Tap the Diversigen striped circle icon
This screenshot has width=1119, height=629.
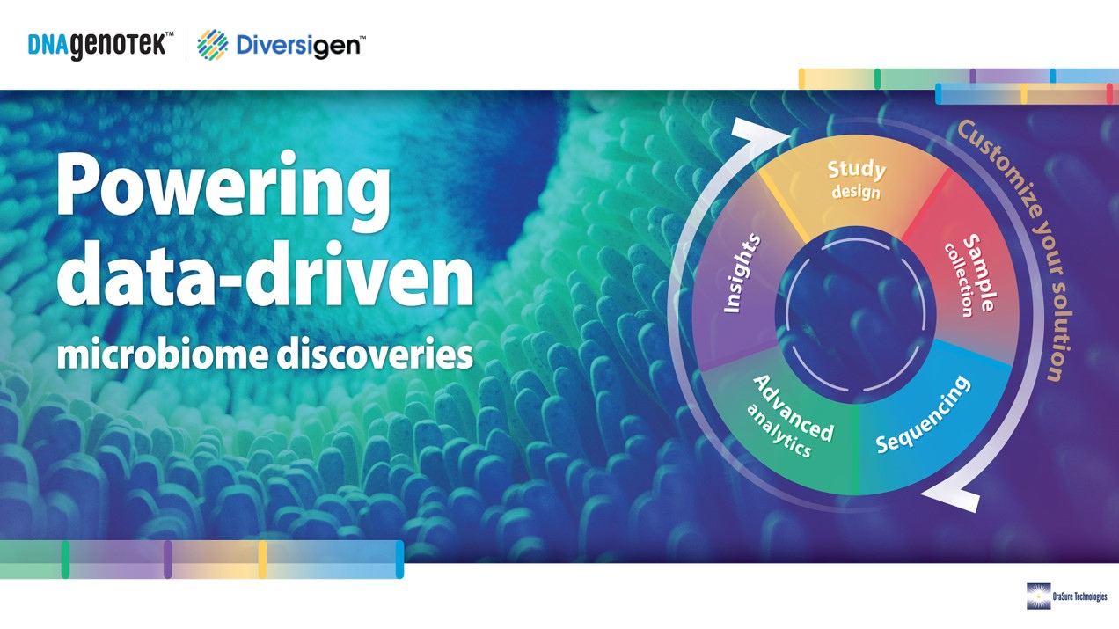click(x=212, y=45)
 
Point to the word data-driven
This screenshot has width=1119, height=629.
click(x=265, y=274)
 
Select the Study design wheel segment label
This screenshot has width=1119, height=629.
click(x=856, y=179)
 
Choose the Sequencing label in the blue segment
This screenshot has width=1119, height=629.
click(x=923, y=414)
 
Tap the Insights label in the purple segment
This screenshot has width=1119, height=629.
click(x=742, y=274)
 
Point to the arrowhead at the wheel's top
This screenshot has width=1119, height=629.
click(x=760, y=131)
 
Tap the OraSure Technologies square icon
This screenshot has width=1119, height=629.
click(x=1039, y=596)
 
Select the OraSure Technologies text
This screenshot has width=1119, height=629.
click(x=1079, y=596)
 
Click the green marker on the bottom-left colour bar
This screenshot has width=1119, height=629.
click(x=65, y=560)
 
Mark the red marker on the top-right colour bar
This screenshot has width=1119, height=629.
click(x=1109, y=94)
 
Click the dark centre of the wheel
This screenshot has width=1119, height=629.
click(x=855, y=315)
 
